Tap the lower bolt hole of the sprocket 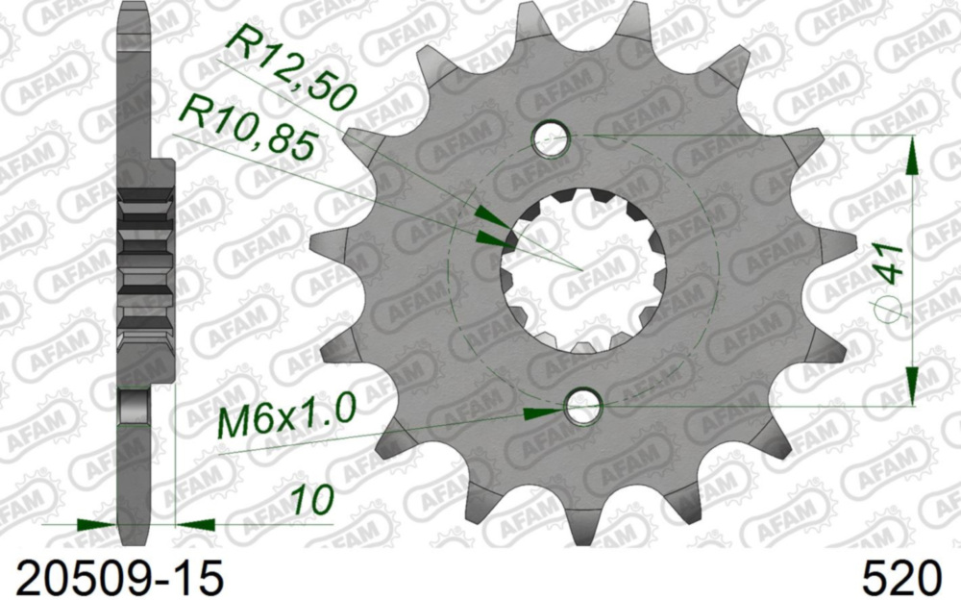pos(581,408)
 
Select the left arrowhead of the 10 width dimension pos(95,525)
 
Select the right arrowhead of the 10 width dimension pos(196,525)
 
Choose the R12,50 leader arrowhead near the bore pos(490,212)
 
